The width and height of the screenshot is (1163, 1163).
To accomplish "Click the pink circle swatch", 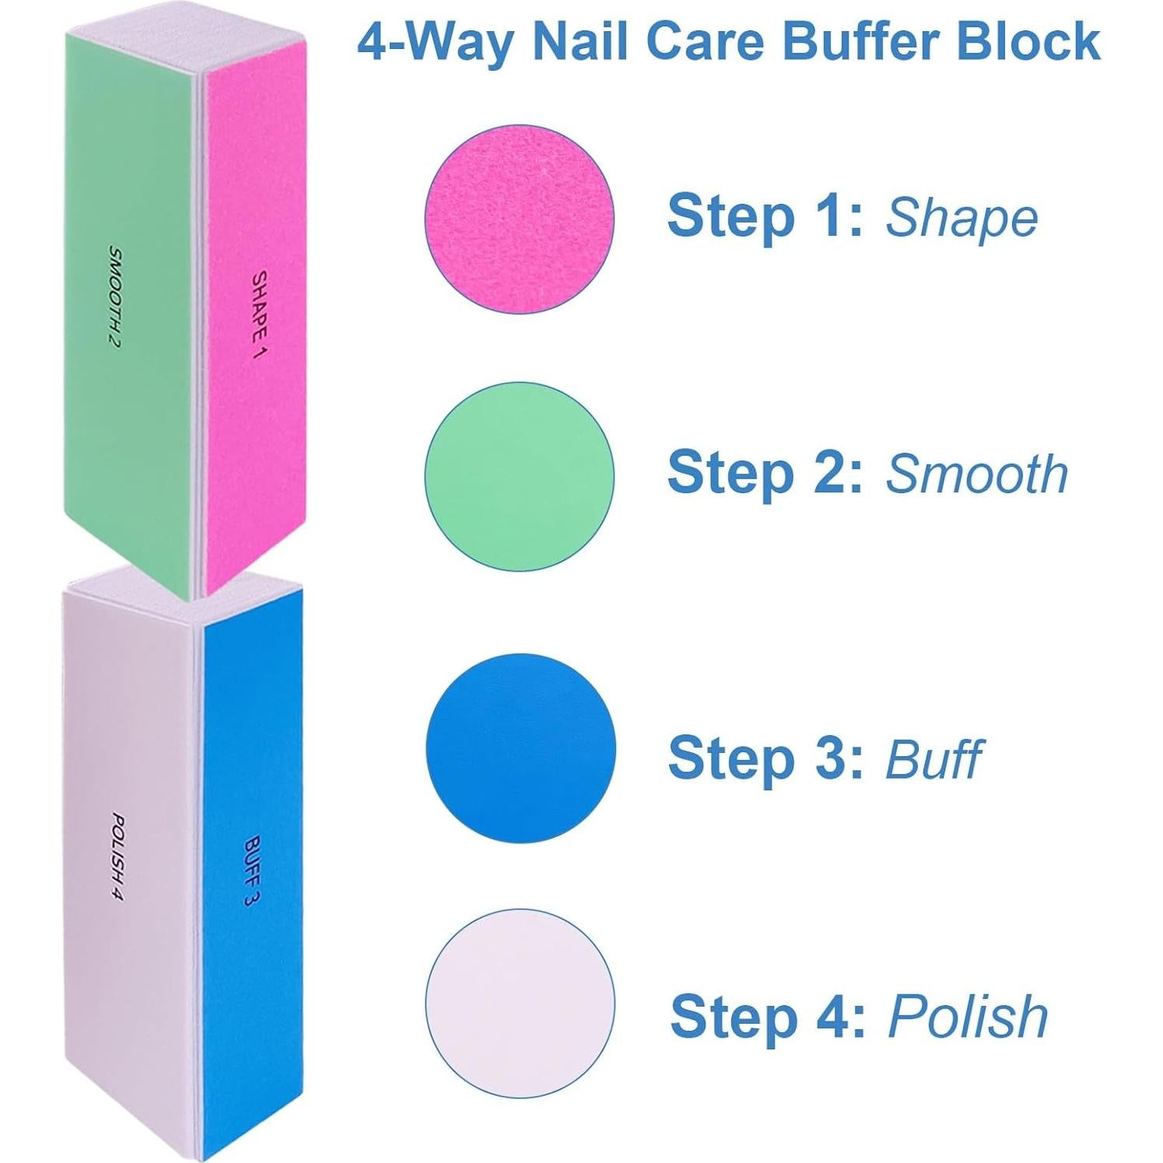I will point(519,219).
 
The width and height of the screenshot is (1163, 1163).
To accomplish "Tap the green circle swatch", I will point(519,475).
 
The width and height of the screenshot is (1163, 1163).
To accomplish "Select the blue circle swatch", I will point(520,748).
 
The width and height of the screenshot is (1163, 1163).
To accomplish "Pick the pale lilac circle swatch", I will point(520,1003).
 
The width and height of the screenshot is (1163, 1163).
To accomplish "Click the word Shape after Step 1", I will point(962,219).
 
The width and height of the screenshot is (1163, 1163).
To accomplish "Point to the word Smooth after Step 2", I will point(977,474).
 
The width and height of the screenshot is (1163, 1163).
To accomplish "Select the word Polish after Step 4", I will point(968,1017).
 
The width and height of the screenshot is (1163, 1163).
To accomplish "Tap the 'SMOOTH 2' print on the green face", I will point(114,296).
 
